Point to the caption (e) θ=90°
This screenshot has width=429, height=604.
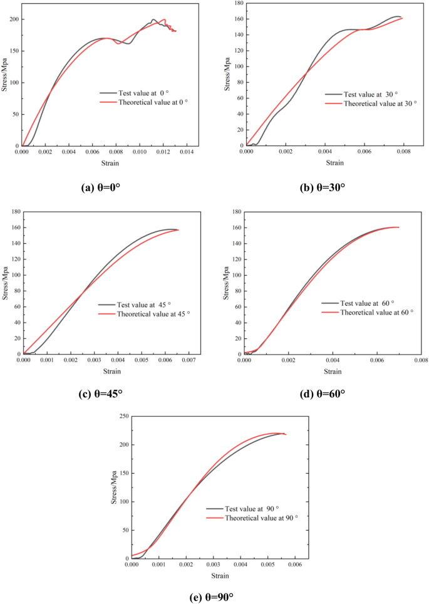[x=215, y=596]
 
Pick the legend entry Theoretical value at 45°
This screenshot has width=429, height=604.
[x=147, y=313]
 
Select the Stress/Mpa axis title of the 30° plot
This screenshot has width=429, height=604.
[x=228, y=74]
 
